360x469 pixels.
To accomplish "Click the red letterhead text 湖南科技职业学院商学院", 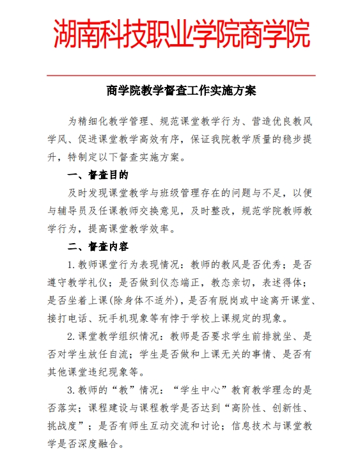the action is (x=182, y=34).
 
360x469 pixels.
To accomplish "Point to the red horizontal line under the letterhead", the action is (x=182, y=75).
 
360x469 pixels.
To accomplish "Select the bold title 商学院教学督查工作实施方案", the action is (x=182, y=91).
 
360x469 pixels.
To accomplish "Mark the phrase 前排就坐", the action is (x=266, y=336).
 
